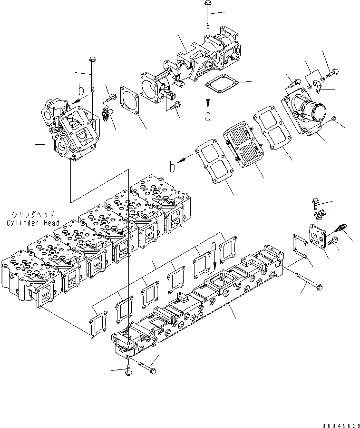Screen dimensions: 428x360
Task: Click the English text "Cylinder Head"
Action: (33, 223)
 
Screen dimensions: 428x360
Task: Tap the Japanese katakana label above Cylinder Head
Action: (34, 215)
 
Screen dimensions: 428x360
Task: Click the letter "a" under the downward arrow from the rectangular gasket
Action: (208, 116)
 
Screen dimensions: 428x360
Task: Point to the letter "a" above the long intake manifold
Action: (214, 246)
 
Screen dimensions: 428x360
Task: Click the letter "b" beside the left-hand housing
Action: (81, 90)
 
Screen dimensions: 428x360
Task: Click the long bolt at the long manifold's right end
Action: (305, 281)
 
